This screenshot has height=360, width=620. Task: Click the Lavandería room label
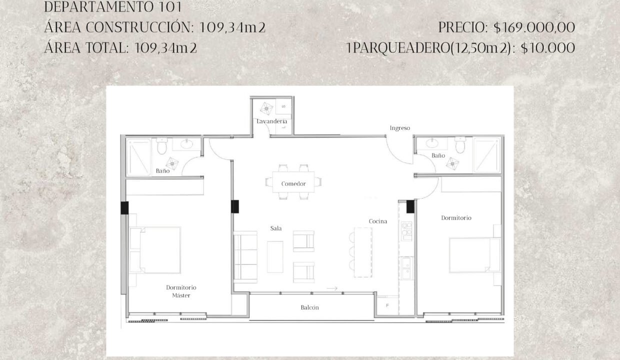[271, 121]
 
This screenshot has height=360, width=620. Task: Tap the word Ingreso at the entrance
[399, 128]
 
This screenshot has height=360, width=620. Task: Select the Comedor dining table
[293, 182]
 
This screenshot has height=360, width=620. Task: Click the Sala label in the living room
[275, 228]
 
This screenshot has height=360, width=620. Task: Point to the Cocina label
[378, 221]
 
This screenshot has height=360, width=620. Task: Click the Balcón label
[309, 307]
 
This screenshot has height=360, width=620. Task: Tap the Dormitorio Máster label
[181, 291]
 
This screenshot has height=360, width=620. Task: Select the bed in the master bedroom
[155, 250]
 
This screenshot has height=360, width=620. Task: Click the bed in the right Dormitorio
[474, 255]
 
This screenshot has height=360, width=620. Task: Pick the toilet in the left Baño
[162, 146]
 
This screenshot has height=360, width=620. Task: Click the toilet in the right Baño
[460, 144]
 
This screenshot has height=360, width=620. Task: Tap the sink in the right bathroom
[432, 143]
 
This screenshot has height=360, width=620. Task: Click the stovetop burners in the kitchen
[406, 231]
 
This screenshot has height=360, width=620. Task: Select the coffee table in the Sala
[275, 257]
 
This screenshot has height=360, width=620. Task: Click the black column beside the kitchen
[410, 206]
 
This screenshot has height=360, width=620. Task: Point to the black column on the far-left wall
[124, 208]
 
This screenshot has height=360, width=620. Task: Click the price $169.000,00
[534, 27]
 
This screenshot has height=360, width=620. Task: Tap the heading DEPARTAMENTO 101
[113, 7]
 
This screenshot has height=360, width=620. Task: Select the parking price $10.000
[548, 48]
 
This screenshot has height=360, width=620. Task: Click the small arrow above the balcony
[332, 288]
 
